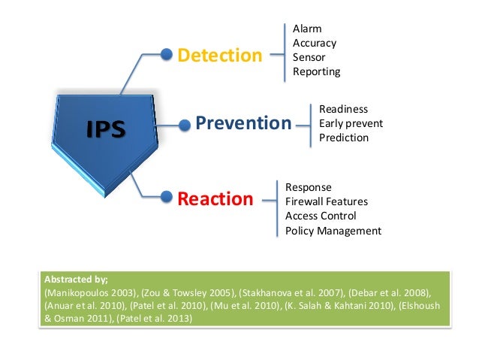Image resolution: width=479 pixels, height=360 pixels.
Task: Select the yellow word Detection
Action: tap(219, 55)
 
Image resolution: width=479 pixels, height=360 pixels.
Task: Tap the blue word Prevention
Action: tap(243, 123)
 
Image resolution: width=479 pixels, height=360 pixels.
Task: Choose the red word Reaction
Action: tap(215, 199)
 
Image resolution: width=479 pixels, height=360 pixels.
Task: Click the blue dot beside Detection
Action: tap(167, 54)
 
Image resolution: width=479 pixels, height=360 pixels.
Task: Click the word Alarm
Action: tap(307, 29)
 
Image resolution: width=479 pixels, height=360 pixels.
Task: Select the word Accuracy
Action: tap(315, 43)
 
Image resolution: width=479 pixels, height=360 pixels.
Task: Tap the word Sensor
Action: tap(309, 57)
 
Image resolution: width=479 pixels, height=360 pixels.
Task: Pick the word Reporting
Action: tap(316, 71)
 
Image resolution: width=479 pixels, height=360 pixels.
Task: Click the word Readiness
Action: tap(343, 109)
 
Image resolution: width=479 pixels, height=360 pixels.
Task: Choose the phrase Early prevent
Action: tap(351, 123)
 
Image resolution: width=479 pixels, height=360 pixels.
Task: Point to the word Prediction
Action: tap(344, 138)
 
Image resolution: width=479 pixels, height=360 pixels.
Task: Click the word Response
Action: tap(309, 186)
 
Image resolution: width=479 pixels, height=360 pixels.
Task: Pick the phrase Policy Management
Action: tap(333, 231)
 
